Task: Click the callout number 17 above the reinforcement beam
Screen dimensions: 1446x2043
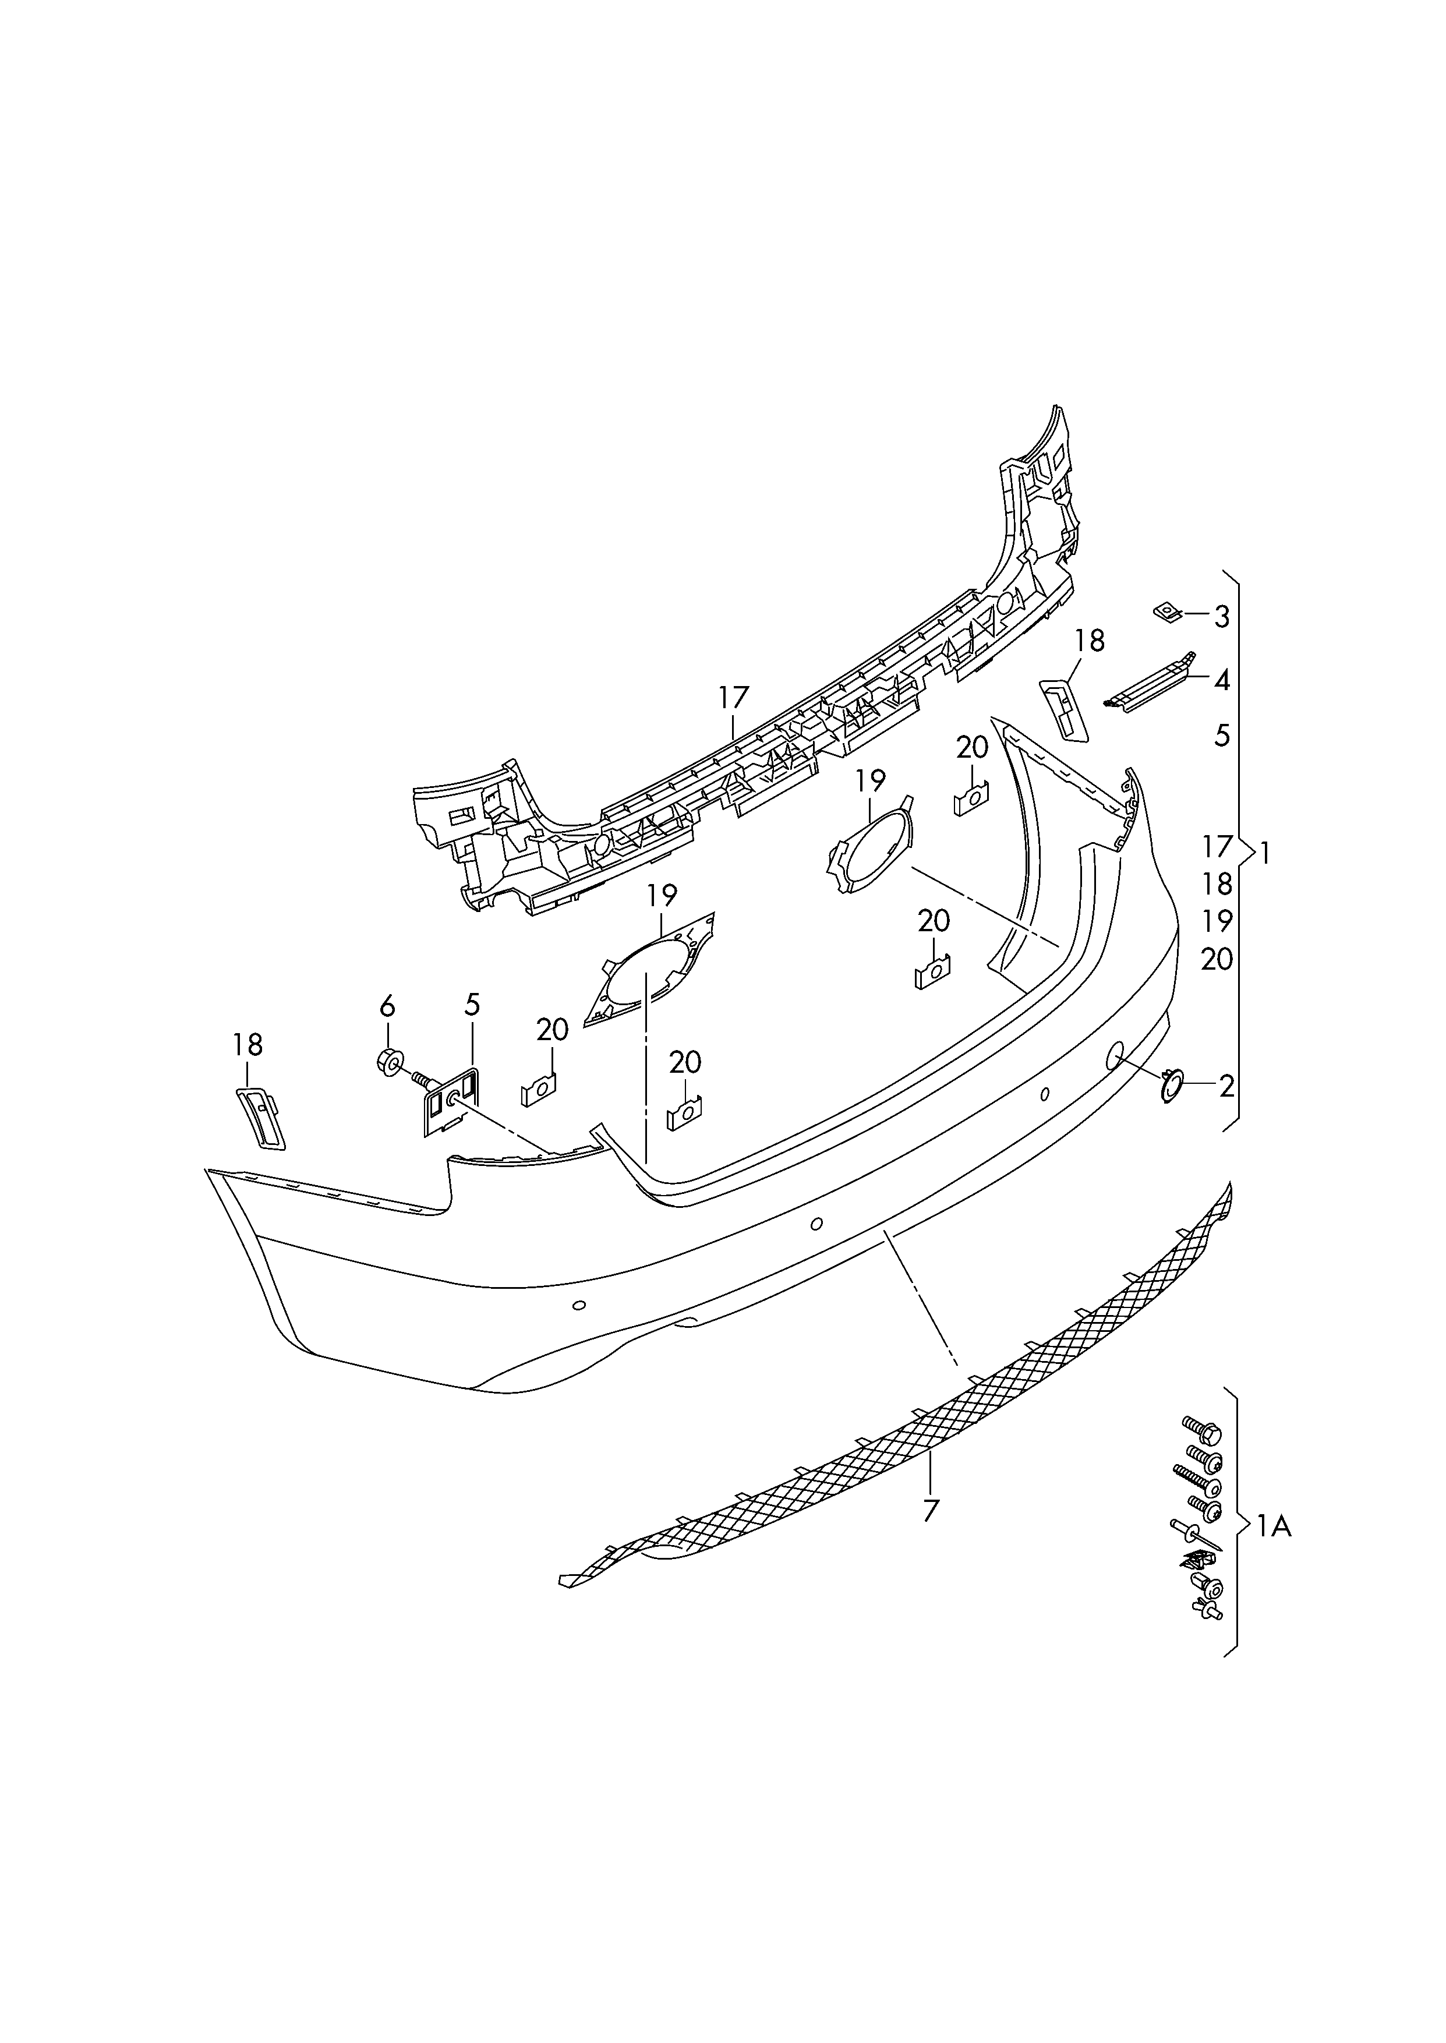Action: [734, 697]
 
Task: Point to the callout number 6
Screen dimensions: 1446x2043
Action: [387, 1007]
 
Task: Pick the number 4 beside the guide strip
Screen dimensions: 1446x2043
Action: [1222, 681]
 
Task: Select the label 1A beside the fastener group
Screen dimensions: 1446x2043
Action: [1273, 1528]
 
